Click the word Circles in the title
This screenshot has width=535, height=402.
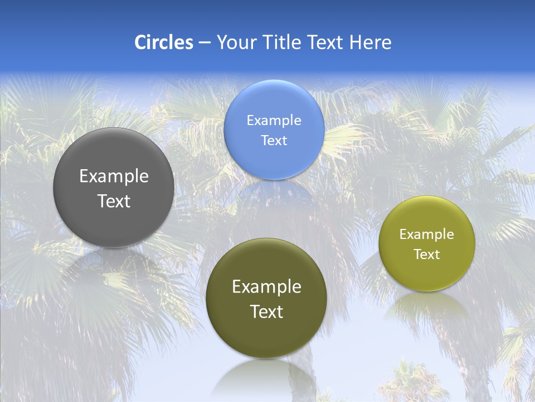click(164, 42)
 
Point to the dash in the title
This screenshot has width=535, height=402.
click(205, 43)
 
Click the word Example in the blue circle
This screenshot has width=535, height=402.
click(274, 121)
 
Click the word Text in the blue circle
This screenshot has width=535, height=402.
click(274, 141)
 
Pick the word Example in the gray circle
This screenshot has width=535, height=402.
click(114, 176)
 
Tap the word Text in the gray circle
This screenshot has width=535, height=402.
click(114, 201)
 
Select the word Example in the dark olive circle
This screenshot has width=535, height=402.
click(266, 287)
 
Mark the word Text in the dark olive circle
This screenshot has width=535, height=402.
click(266, 312)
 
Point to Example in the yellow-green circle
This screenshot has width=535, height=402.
click(426, 234)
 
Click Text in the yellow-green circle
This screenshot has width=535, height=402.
click(426, 255)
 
